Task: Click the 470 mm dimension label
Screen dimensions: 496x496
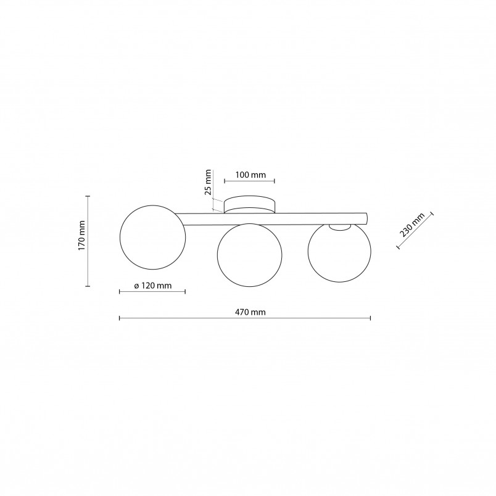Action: (x=250, y=313)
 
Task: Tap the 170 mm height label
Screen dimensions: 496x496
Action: (x=82, y=235)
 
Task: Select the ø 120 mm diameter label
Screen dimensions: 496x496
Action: (x=153, y=286)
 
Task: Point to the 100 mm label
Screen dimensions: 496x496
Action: (x=250, y=175)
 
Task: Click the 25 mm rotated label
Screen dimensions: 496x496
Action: (x=207, y=182)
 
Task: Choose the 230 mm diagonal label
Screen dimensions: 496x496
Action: (x=412, y=225)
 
